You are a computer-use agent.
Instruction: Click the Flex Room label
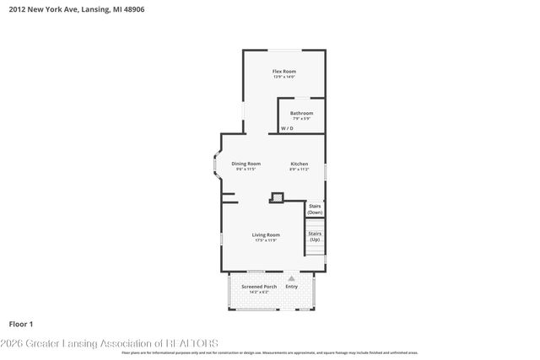283,72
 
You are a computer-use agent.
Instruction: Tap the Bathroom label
301,113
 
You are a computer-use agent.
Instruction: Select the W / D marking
287,129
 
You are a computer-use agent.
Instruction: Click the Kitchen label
300,164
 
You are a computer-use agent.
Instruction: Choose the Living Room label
266,234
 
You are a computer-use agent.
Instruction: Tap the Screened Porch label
259,287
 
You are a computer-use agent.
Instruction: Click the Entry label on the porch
292,287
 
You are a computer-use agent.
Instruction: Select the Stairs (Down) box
315,209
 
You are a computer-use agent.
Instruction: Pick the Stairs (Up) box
315,236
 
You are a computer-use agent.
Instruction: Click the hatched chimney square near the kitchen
275,198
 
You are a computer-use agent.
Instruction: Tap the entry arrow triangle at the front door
292,277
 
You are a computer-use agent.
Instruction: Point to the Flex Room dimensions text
283,78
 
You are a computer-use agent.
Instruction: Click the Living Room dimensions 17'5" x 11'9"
266,240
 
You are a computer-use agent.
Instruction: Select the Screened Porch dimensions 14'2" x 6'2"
259,293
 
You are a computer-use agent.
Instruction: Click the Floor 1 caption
20,324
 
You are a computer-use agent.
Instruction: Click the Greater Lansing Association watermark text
110,343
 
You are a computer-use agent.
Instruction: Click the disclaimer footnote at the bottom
270,352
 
